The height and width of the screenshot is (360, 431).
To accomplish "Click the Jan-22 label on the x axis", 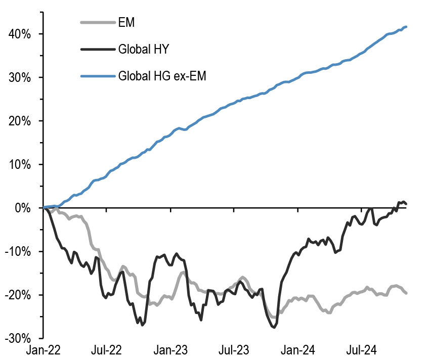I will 44,350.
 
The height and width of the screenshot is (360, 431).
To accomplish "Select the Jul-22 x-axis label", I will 107,350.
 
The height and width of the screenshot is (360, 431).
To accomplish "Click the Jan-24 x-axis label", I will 298,350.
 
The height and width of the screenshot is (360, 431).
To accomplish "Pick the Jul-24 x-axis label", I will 361,350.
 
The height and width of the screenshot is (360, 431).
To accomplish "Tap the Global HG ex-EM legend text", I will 162,77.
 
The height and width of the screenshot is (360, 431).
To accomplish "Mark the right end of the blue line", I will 407,27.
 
